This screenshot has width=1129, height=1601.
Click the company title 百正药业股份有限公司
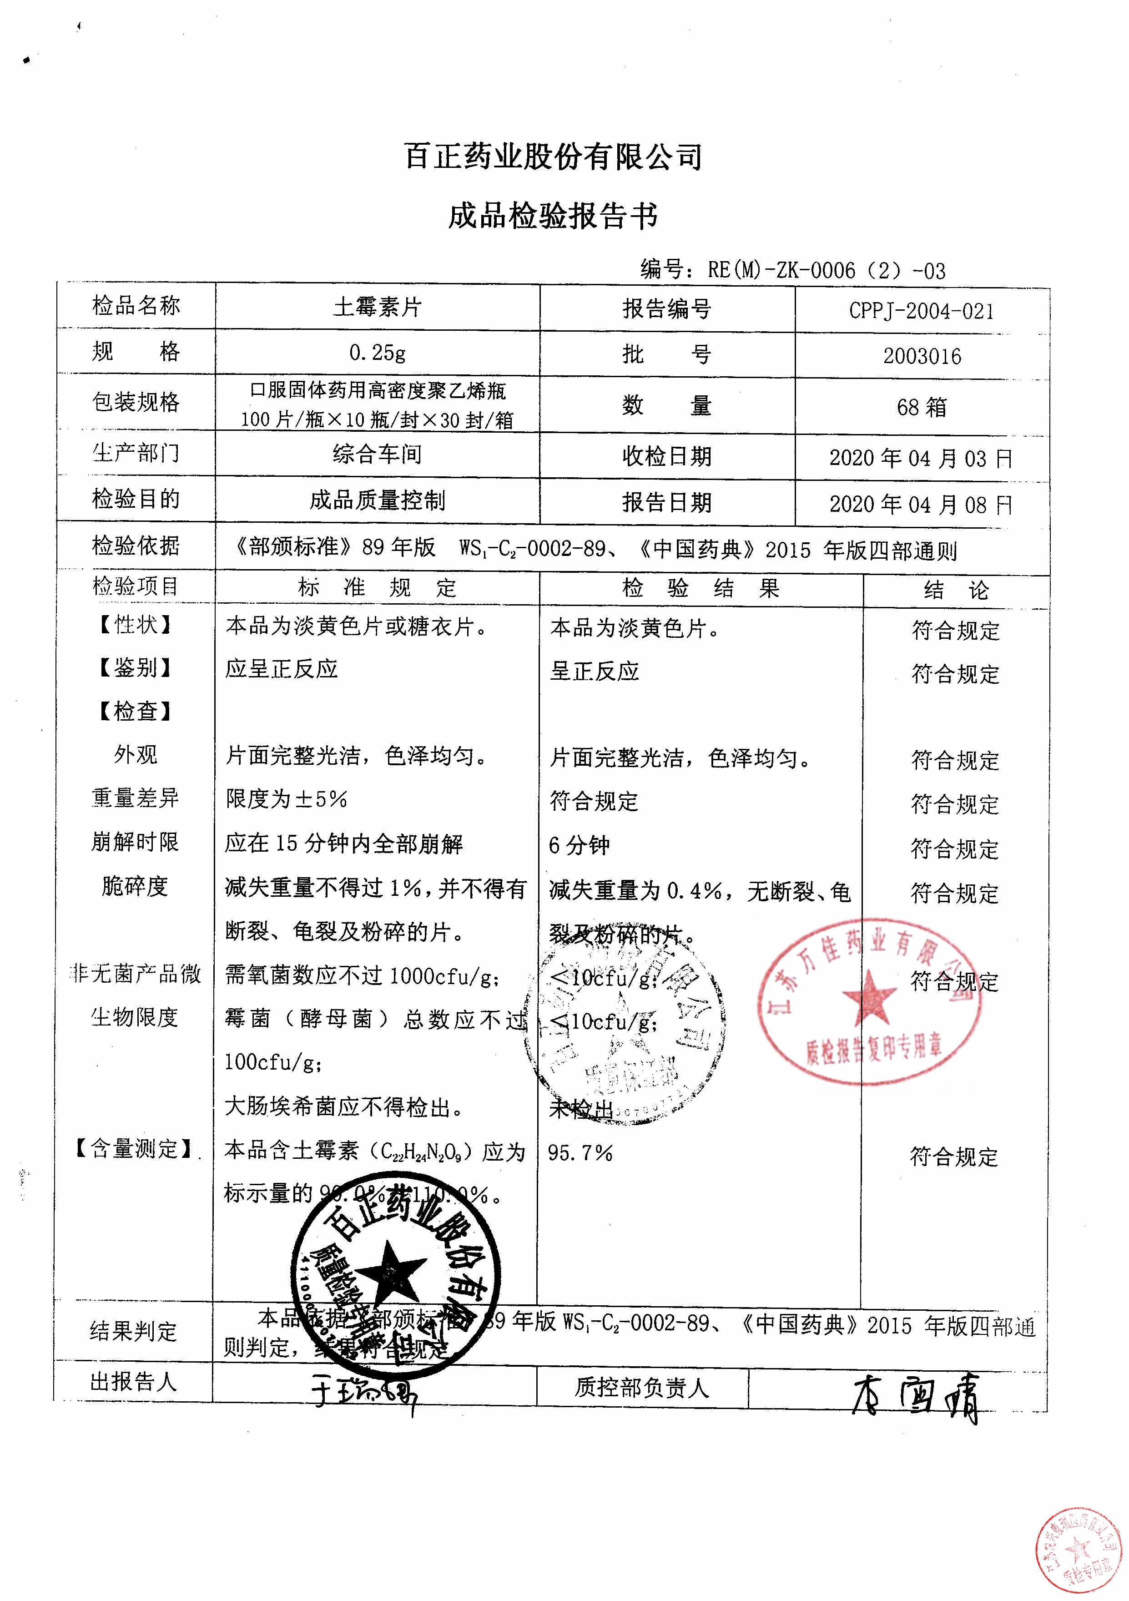[x=553, y=157]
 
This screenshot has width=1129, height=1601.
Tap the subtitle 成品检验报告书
[x=553, y=216]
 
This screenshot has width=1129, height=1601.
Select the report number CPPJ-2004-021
[x=922, y=311]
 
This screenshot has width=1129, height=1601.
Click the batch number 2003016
[x=922, y=356]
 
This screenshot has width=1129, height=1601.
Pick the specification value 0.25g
[x=377, y=353]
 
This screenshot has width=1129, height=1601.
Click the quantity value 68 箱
[x=922, y=407]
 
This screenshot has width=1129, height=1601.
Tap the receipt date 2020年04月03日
[x=921, y=458]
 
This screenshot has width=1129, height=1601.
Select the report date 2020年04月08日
[x=921, y=504]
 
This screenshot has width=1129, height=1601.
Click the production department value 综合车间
[x=377, y=455]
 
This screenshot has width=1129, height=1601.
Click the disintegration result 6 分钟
[x=579, y=846]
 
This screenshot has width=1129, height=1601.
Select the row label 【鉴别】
[x=135, y=668]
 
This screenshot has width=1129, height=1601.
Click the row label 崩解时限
[x=135, y=842]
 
